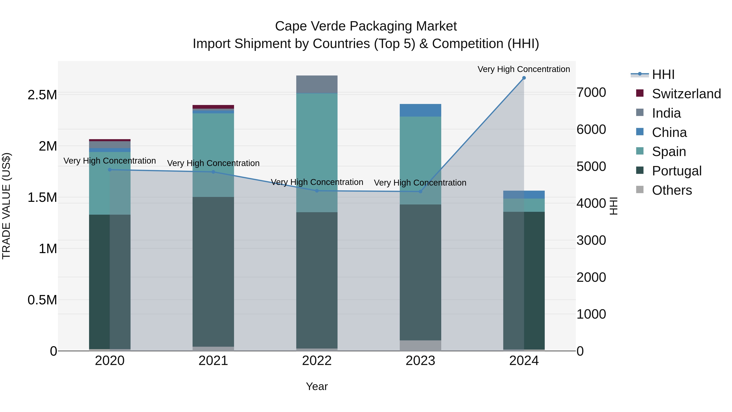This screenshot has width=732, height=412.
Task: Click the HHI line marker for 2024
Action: point(524,78)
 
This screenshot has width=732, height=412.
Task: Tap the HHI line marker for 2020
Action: point(110,170)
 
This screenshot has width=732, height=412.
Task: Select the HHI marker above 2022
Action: point(317,191)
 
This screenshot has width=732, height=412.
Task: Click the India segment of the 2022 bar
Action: point(317,84)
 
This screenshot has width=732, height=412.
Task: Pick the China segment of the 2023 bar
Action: point(420,110)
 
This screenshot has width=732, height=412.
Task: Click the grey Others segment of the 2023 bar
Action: point(420,345)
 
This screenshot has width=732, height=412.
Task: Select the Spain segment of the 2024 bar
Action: point(524,205)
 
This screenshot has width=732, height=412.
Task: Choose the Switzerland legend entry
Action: point(686,94)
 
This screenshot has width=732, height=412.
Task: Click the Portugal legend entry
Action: point(676,171)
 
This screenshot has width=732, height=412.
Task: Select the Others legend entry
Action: point(672,190)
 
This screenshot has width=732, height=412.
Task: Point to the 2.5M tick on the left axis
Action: point(42,95)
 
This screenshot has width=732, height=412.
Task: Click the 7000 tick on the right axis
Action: point(591,93)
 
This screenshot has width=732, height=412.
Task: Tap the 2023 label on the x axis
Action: point(420,361)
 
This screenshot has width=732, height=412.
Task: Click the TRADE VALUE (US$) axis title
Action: point(7,206)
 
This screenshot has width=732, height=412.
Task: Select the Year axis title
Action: point(317,386)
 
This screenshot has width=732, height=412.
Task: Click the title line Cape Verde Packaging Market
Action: point(366,26)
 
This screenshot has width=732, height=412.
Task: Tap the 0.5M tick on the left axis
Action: point(42,300)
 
